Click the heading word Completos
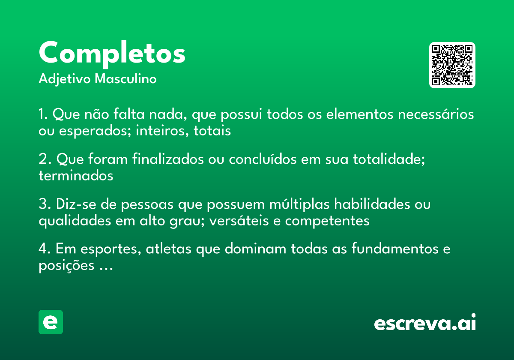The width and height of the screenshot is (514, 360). pos(112,53)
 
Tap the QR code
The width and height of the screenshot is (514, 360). pos(452,65)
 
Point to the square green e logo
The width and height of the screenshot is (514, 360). pos(51,322)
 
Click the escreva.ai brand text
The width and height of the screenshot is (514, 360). pos(425,324)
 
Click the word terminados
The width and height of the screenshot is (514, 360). pos(76,176)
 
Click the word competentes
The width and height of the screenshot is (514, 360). pos(327,221)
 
